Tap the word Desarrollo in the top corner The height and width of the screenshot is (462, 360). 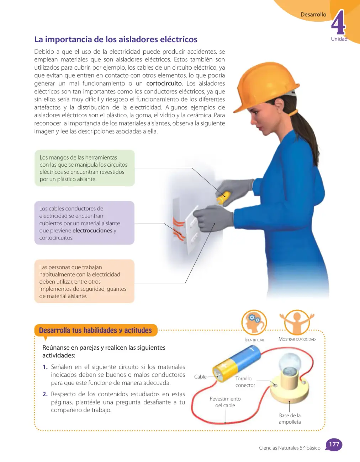[x=313, y=15]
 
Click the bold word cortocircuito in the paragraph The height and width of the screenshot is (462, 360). [x=164, y=84]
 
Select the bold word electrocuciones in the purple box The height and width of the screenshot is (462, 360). [x=92, y=231]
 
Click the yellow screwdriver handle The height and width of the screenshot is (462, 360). [x=223, y=197]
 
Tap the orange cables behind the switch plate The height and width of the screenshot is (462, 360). [x=178, y=229]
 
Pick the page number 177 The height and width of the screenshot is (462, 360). [x=334, y=444]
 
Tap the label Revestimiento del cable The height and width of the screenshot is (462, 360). [x=225, y=402]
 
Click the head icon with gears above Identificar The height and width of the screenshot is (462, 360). [x=254, y=322]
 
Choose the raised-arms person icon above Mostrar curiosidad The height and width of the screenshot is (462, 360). [x=297, y=322]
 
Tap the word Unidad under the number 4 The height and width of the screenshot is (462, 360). [x=339, y=39]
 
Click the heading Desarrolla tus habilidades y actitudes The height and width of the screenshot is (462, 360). [x=95, y=330]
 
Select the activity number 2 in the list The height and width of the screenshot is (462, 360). [x=45, y=394]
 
